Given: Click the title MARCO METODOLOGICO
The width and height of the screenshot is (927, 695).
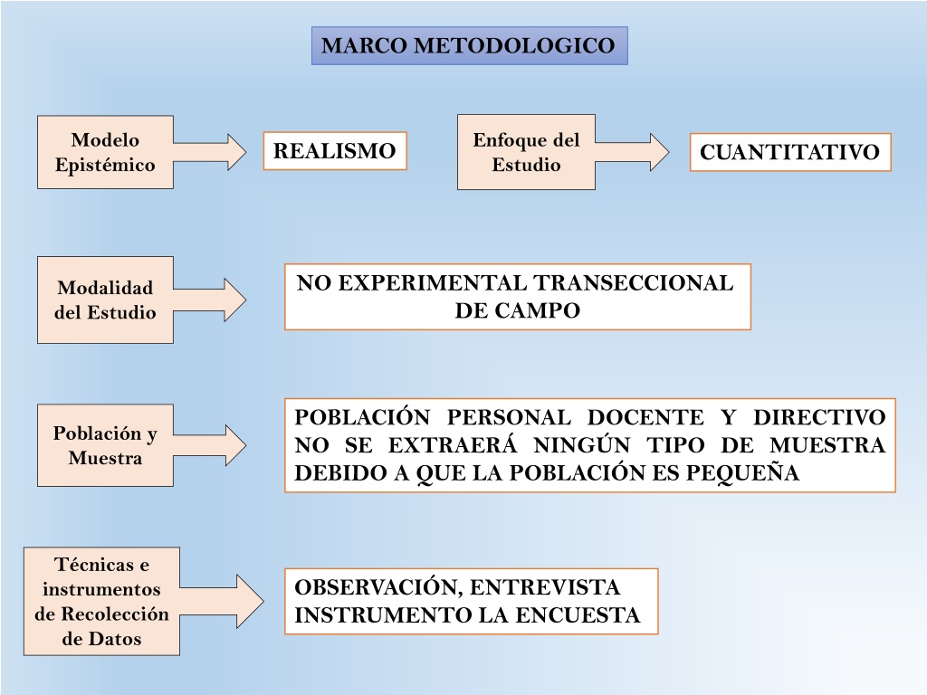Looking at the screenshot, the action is pos(470,45).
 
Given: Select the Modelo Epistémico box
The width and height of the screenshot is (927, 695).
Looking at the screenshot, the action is pos(105,152).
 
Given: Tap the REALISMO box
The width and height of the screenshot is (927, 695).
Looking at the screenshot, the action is pos(335,151).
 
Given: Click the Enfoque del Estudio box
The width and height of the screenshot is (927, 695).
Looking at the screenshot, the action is pos(526,152).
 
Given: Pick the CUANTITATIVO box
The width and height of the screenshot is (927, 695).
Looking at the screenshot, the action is pos(789,152).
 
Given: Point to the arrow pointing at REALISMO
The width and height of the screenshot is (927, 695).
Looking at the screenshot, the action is pos(210,152).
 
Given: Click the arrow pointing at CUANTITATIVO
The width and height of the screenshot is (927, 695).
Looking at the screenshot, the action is pos(632,152).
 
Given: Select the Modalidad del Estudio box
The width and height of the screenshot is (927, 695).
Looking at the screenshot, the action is pos(105,300).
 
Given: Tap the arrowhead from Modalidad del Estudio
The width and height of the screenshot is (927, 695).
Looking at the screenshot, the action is pos(234,300).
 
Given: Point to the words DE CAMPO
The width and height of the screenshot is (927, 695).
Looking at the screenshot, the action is pos(517,310).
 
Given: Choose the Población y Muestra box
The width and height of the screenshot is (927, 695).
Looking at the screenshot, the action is pos(105,445).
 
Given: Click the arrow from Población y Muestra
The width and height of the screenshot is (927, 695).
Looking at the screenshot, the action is pos(210,445).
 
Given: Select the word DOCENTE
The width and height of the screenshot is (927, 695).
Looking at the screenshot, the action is pos(645,416).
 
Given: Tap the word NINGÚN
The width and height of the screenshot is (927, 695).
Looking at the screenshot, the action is pos(582,444).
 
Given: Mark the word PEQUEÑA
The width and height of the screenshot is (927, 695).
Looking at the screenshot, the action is pos(742,472).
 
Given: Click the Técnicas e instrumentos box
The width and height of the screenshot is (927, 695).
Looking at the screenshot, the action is pos(101,601).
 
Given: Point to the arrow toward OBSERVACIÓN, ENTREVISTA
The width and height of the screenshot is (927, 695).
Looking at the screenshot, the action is pos(222,601).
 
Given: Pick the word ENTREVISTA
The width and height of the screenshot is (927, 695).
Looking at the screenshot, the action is pos(544,586).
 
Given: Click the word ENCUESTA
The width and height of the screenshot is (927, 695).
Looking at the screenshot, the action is pos(578,614).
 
